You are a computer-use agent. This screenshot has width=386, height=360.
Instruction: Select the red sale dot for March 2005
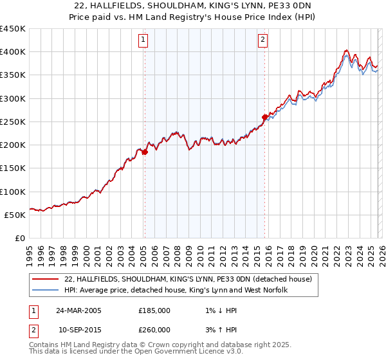point(145,152)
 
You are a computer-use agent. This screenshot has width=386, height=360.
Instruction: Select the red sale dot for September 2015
point(264,117)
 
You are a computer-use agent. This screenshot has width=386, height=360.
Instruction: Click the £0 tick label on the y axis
point(21,238)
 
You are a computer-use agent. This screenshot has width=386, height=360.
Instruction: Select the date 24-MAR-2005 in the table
point(78,310)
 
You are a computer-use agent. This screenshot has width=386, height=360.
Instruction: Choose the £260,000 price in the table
point(154,330)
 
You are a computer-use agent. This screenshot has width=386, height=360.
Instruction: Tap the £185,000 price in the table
point(154,310)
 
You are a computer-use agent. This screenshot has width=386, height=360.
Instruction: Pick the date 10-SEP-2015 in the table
point(78,330)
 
